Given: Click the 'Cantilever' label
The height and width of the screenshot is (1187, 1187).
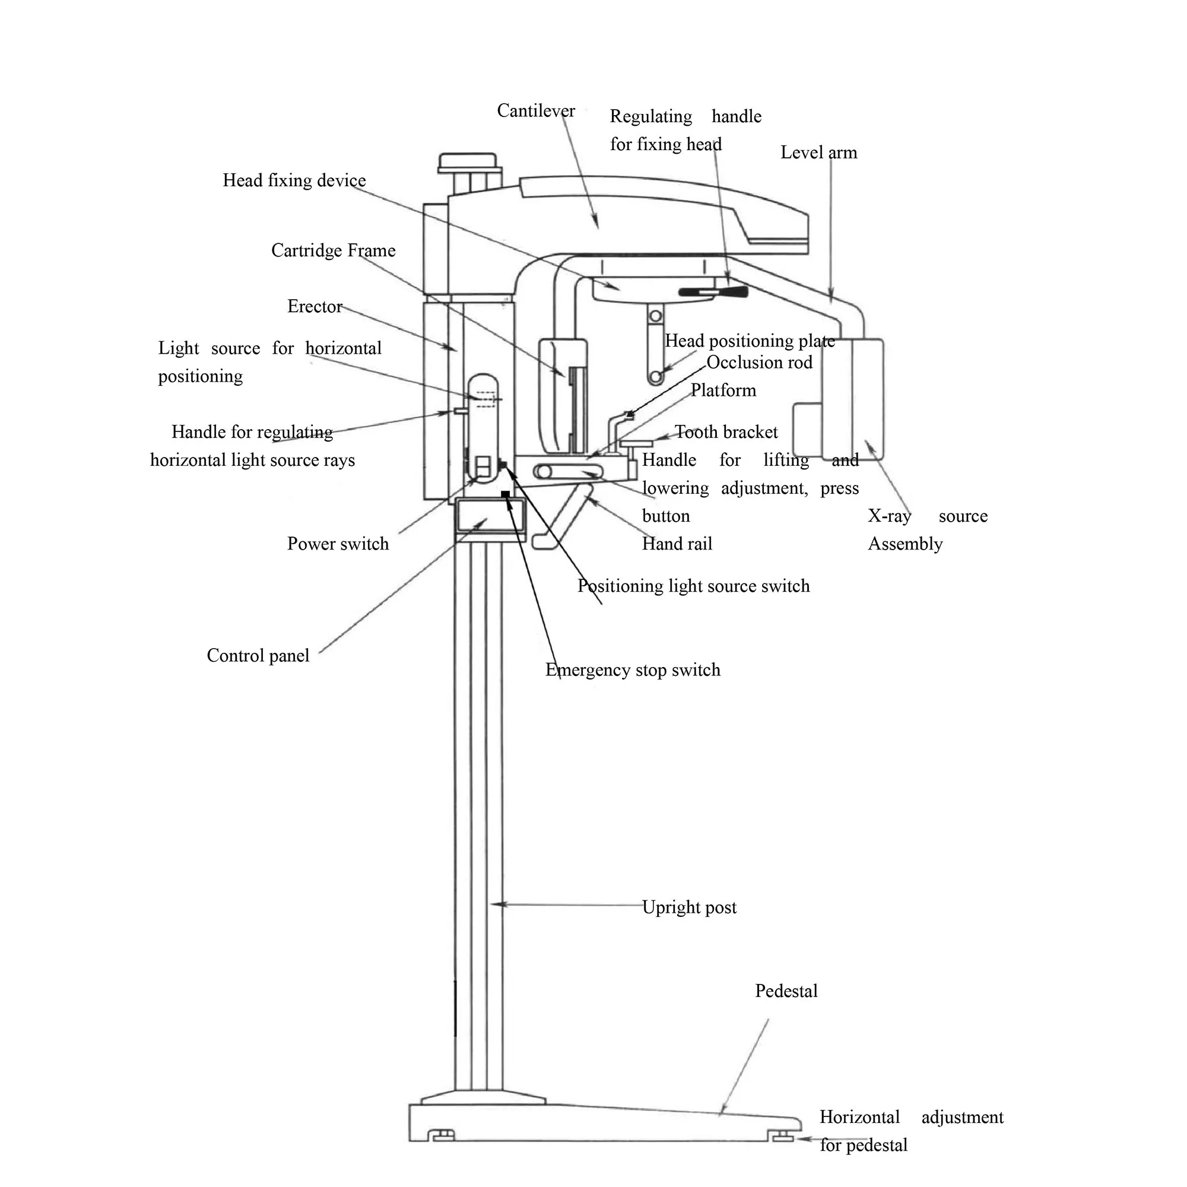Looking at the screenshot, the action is tap(536, 110).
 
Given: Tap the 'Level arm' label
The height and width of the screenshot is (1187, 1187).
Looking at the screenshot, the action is tap(818, 153).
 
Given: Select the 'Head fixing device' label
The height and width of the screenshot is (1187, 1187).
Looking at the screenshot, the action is tap(294, 180).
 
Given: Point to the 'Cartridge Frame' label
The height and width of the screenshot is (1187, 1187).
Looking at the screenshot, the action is tap(334, 250).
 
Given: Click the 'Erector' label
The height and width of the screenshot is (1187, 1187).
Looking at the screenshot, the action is tap(315, 306).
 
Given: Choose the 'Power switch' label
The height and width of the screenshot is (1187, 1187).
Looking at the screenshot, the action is tap(338, 544).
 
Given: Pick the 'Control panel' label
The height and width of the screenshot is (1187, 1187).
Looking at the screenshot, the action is tap(258, 656).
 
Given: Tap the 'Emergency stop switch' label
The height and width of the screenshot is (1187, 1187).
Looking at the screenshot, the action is tap(633, 669).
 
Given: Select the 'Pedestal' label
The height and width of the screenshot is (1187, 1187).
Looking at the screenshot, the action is tap(786, 991).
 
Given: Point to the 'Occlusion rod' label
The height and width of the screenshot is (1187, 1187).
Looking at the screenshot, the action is tap(760, 362).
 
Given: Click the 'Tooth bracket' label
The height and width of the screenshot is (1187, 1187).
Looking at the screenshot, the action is tap(726, 432).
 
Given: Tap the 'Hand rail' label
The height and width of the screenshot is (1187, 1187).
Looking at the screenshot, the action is tap(677, 544).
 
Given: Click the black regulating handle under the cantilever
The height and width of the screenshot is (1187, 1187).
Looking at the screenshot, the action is tap(713, 292).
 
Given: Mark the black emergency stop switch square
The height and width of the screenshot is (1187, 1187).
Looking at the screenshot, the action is tap(505, 494).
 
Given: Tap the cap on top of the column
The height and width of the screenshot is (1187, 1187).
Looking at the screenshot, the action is tap(468, 162).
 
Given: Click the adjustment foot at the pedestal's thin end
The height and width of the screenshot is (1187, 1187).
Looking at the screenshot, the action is tap(783, 1138).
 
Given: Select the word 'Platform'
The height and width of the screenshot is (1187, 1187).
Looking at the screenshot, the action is tap(723, 390).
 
